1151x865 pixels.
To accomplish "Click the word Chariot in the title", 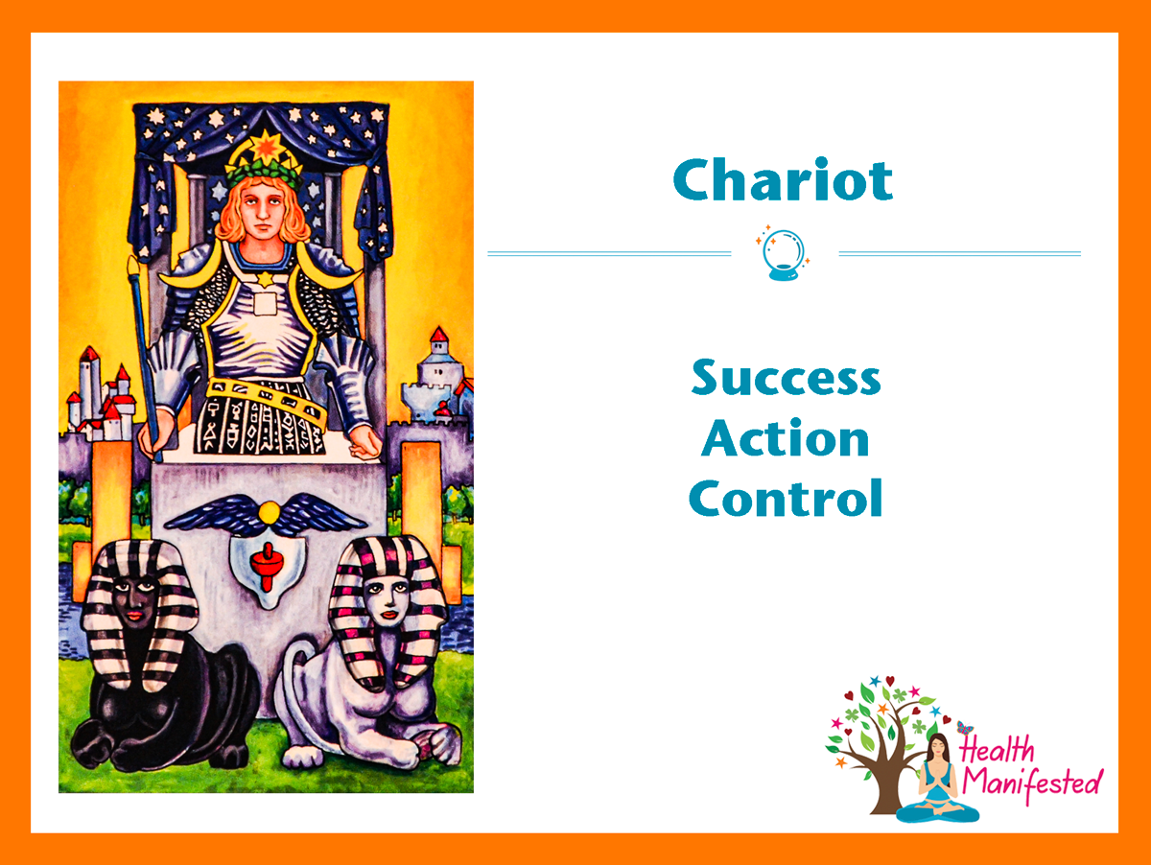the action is tap(783, 179).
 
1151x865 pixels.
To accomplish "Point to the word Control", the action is tap(786, 498).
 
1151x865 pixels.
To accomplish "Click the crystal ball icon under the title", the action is tap(784, 254).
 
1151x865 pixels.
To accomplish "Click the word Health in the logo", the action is tap(997, 749).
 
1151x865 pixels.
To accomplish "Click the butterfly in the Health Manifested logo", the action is tap(965, 728).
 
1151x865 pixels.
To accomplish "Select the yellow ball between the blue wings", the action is tap(270, 512).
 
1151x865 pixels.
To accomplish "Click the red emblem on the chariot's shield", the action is tap(267, 566).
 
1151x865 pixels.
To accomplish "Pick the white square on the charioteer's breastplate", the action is tap(265, 304).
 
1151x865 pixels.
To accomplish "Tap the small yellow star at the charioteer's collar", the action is tap(266, 278).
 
